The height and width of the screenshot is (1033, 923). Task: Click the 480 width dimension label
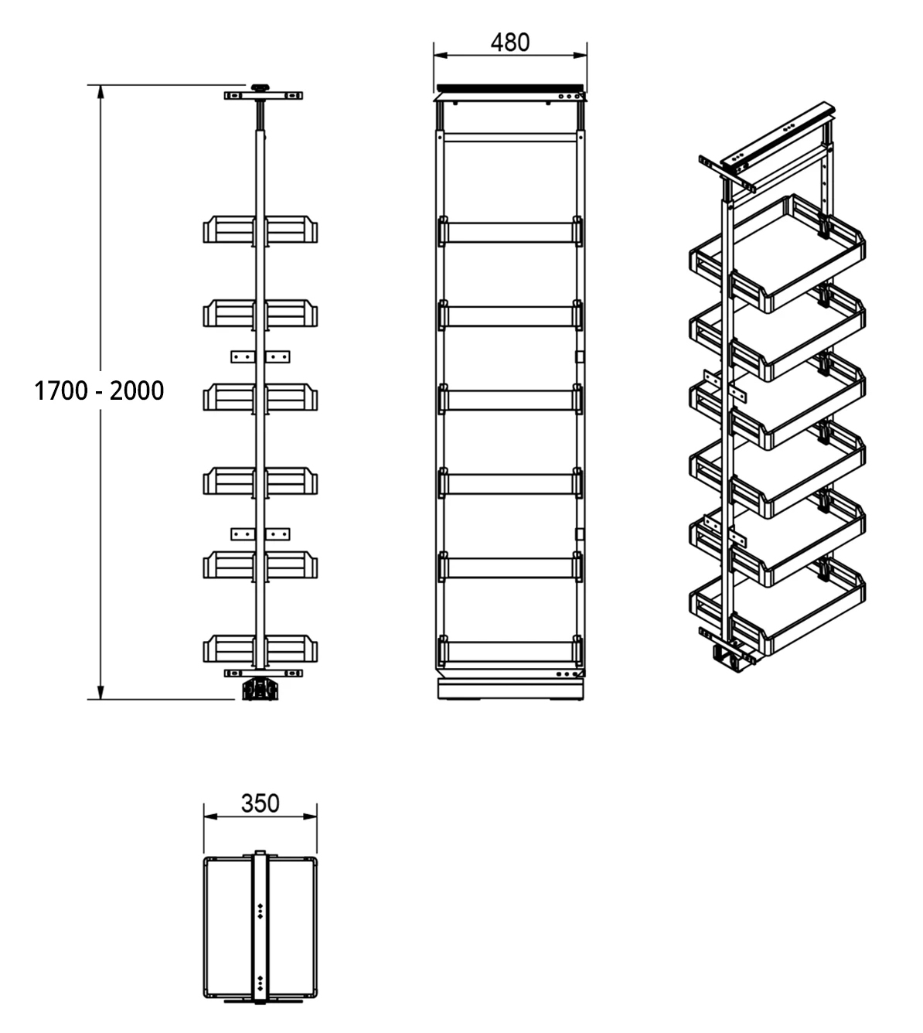click(x=510, y=42)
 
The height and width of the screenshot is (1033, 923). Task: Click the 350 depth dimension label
click(x=260, y=803)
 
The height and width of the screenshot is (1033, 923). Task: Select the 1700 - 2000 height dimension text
click(x=99, y=390)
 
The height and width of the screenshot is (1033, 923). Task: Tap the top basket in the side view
click(x=261, y=230)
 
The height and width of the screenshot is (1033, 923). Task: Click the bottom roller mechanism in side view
click(x=260, y=689)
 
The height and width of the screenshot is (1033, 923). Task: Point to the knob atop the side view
click(x=260, y=87)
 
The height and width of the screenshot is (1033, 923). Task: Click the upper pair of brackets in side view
click(x=261, y=356)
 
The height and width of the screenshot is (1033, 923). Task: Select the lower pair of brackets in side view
click(x=261, y=534)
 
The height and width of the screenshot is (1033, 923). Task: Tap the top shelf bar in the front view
click(x=510, y=233)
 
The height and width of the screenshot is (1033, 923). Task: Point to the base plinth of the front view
click(x=510, y=690)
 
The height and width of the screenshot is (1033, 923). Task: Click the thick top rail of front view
click(x=510, y=87)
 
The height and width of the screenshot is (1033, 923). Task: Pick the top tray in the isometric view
click(x=777, y=251)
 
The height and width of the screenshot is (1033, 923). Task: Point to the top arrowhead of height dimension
click(x=100, y=91)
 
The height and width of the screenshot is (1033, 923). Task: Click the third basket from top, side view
click(x=261, y=397)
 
